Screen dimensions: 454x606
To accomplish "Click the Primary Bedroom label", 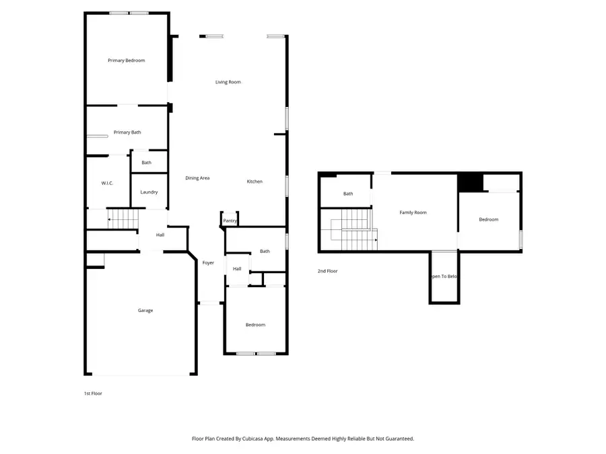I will click(126, 61).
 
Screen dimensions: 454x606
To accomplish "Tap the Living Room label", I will click(228, 82).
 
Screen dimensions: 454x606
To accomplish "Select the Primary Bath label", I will click(127, 133).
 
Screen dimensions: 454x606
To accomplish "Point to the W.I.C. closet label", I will click(107, 183).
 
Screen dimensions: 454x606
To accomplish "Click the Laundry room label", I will click(149, 192).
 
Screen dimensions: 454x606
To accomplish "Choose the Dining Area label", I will click(197, 178).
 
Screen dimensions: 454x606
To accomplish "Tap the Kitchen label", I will click(255, 182).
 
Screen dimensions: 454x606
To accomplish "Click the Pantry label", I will click(230, 221).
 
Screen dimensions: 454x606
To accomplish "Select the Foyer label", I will click(208, 263).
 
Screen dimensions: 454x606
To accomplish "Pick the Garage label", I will click(145, 310).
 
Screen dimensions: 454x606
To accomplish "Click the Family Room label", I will click(413, 213).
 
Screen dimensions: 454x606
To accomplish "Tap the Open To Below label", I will click(444, 276).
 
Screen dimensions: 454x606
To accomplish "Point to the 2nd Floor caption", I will click(327, 271).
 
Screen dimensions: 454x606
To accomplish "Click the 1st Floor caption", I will click(93, 393).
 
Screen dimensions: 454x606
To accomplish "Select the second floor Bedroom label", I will click(488, 219).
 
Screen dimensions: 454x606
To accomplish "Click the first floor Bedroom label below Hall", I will click(255, 325).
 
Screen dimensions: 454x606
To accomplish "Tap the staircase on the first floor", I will click(123, 219).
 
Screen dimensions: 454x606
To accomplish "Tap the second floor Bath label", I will click(348, 194).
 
